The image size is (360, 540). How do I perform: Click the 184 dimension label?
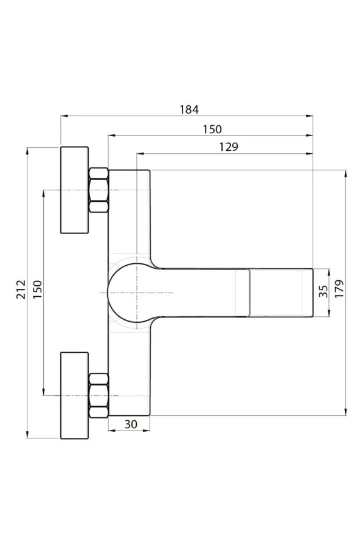(x=189, y=109)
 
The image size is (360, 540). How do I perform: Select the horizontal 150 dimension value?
(x=212, y=129)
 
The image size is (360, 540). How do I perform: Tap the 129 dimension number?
(x=229, y=147)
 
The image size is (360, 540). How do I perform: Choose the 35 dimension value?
(x=323, y=292)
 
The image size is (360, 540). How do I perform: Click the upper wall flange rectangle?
(x=74, y=190)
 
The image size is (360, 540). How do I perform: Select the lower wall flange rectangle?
(x=74, y=395)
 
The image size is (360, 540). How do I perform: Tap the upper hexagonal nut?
(x=99, y=190)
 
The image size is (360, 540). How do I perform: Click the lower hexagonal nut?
(x=99, y=395)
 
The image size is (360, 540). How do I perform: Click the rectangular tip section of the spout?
(x=280, y=292)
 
